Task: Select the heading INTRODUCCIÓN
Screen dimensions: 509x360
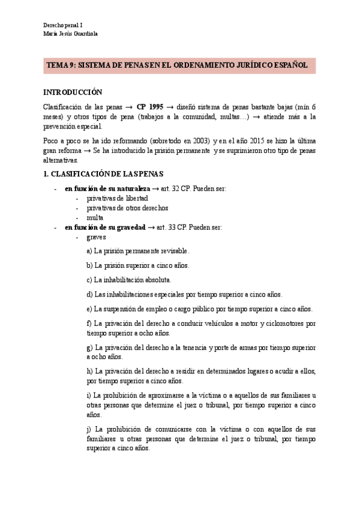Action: pos(73,92)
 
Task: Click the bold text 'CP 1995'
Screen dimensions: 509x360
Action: pos(149,106)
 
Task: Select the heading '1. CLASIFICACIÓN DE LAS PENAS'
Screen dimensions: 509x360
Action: pos(103,174)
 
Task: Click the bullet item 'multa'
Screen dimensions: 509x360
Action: pos(95,217)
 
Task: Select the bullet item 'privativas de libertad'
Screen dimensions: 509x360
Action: pos(117,197)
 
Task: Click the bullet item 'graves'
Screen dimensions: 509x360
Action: pos(96,237)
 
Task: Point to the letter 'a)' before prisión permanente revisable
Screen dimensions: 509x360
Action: pos(89,251)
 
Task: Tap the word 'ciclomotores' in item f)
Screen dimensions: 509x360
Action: pos(284,324)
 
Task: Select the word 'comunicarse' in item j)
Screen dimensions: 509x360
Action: pos(169,430)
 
